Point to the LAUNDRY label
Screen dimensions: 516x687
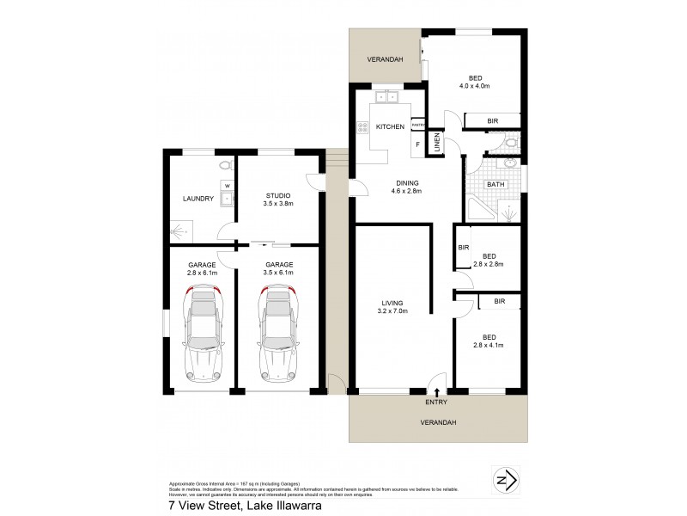coord(198,199)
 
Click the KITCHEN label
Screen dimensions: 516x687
coord(391,127)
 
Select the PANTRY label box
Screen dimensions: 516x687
coord(418,126)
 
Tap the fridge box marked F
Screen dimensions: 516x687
coord(418,144)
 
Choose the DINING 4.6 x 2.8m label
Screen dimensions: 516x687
coord(407,187)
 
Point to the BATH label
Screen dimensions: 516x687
coord(496,184)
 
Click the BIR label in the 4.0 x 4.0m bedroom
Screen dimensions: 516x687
coord(493,121)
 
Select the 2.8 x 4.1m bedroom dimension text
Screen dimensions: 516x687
coord(489,344)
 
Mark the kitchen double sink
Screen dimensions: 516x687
coord(386,96)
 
